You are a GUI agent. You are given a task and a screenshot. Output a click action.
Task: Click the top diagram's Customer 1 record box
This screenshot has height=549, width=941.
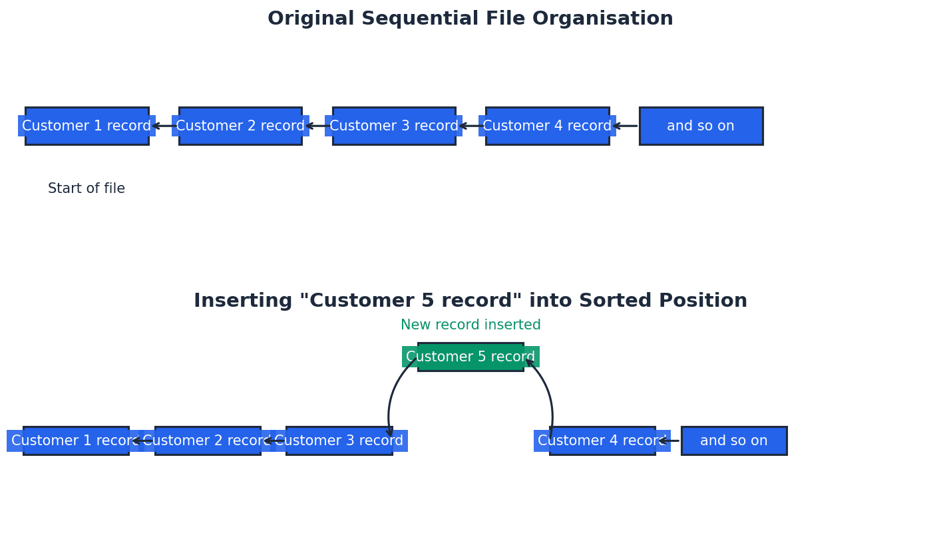(87, 126)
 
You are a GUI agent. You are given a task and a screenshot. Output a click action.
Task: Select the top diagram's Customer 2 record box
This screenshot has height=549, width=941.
(240, 126)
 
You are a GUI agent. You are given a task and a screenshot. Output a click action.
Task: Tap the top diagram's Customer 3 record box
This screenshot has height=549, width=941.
(394, 126)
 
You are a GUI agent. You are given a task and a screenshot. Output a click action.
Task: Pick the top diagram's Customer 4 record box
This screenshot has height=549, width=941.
(547, 126)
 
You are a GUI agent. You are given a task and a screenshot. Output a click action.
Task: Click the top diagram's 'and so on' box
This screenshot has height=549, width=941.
(701, 126)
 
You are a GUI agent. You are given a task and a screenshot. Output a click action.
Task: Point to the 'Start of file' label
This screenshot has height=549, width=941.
(87, 189)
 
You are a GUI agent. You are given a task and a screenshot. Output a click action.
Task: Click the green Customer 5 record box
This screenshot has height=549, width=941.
(471, 357)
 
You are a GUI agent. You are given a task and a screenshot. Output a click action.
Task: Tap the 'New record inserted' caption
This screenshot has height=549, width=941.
(471, 325)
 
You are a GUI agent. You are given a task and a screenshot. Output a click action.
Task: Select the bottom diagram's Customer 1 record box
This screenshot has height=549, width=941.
(76, 441)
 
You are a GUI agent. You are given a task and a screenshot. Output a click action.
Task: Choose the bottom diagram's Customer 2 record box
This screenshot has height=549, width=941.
(208, 441)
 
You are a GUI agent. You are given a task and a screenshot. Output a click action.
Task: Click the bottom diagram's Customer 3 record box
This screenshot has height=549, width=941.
(339, 441)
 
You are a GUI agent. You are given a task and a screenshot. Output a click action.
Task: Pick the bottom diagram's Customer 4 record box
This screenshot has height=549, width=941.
(602, 441)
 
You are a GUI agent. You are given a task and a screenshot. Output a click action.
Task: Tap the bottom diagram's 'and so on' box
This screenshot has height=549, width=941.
(734, 441)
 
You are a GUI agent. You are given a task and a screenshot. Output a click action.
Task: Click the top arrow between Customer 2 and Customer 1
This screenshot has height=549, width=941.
(164, 126)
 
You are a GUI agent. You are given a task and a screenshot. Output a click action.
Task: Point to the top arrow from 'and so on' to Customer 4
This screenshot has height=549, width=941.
(625, 126)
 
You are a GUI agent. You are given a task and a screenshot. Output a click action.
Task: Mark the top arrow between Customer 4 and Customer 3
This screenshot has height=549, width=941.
(471, 126)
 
